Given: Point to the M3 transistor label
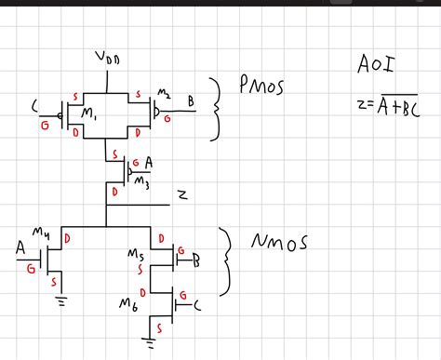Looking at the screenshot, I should [x=140, y=181].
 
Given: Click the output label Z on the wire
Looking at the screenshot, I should [x=183, y=195].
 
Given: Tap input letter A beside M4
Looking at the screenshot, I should [x=20, y=250].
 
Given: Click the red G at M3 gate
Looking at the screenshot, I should [x=137, y=162].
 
